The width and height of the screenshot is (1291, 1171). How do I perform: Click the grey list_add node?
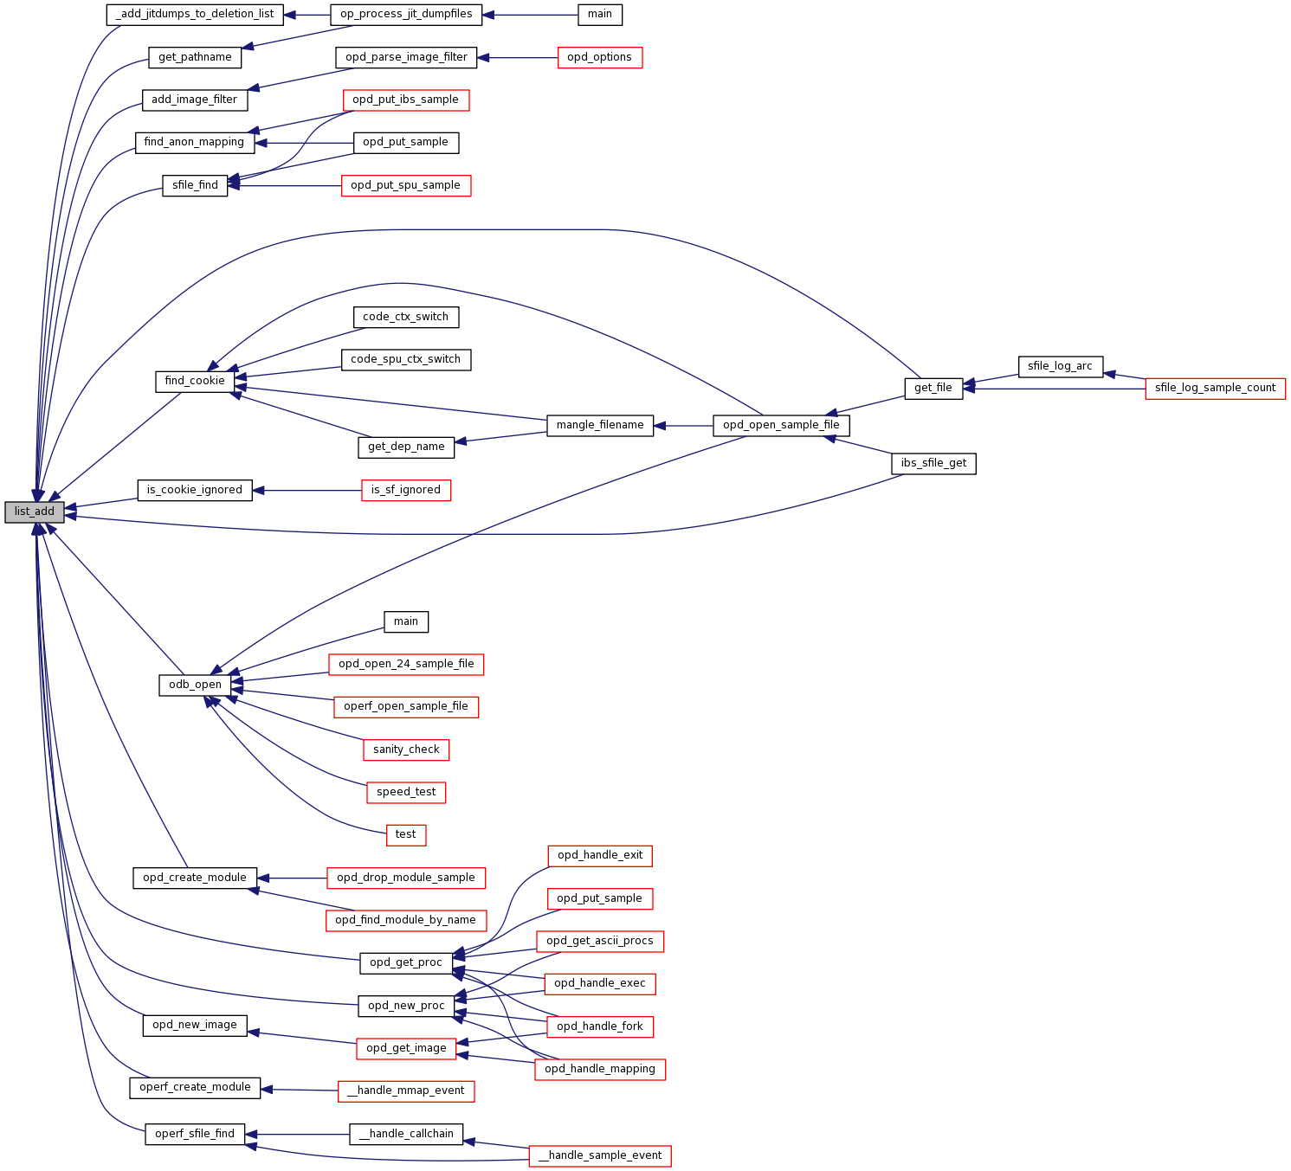click(35, 512)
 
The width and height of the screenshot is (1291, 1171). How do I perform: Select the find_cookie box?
click(195, 381)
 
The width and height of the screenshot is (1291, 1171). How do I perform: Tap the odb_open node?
click(195, 685)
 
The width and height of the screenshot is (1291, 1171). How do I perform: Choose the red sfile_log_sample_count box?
click(1215, 388)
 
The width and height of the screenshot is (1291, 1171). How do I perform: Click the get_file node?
click(933, 388)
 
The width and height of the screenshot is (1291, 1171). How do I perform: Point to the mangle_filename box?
click(600, 425)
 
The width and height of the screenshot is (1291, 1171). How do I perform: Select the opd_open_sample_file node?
click(781, 425)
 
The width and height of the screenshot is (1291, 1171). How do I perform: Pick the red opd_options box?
click(599, 57)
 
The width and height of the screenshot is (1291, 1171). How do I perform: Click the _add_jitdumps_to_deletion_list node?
click(195, 14)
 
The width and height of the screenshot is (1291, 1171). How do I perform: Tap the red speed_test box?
click(406, 792)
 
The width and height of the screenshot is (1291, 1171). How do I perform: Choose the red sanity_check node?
click(406, 750)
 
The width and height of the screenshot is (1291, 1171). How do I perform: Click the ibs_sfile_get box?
click(933, 463)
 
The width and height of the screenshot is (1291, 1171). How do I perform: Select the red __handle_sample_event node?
click(600, 1155)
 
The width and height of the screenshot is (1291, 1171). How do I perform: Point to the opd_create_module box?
click(195, 878)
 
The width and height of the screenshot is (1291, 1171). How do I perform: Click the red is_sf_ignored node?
click(406, 490)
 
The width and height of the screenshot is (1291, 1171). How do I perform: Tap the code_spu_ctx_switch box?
click(406, 359)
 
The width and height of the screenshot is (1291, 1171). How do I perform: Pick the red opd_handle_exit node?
click(600, 855)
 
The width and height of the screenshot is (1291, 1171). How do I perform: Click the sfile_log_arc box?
click(1060, 366)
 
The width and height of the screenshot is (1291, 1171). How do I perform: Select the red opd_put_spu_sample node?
click(406, 185)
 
